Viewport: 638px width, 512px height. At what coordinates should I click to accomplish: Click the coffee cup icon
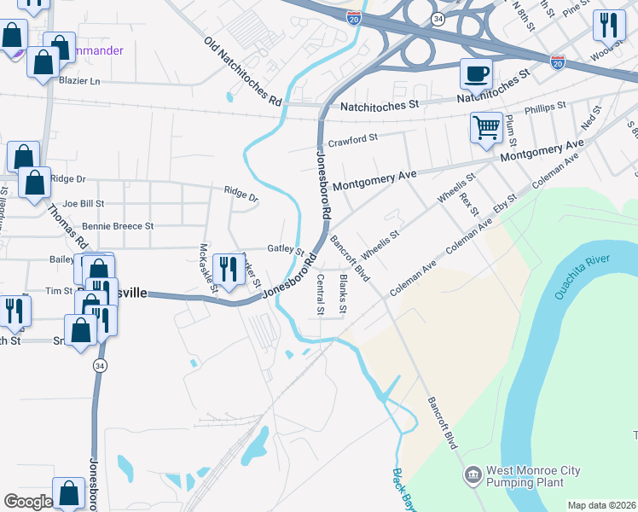(x=477, y=73)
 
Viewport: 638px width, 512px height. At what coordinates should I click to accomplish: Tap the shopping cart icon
(x=486, y=128)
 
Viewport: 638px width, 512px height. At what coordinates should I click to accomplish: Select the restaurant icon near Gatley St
(x=227, y=269)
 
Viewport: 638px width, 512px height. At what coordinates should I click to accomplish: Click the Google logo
(x=28, y=502)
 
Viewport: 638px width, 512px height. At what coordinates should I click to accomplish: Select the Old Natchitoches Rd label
(x=243, y=72)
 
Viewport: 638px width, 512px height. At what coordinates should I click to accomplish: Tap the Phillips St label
(x=545, y=108)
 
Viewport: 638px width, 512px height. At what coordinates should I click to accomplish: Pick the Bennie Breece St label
(x=117, y=227)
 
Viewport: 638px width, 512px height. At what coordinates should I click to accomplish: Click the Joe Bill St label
(x=83, y=204)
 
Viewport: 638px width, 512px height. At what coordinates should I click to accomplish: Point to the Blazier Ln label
(x=79, y=81)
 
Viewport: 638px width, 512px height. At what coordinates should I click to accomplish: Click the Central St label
(x=321, y=294)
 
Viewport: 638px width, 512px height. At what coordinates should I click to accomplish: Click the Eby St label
(x=506, y=209)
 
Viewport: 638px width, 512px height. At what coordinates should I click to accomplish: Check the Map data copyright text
(x=602, y=505)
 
